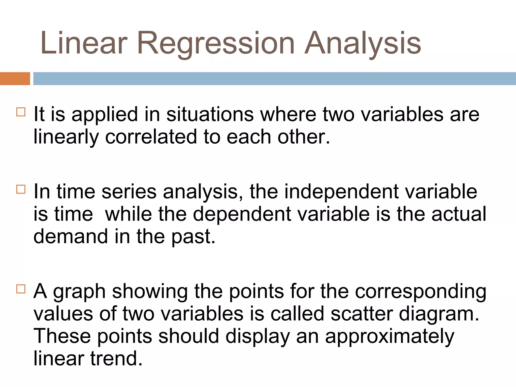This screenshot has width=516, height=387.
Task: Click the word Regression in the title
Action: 216,43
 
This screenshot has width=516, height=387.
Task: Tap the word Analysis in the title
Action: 363,43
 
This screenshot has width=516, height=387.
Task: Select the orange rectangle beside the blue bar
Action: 15,79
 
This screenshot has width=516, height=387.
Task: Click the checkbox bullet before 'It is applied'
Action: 21,112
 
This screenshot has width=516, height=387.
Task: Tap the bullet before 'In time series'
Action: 21,189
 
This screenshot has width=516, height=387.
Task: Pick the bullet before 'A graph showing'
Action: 21,289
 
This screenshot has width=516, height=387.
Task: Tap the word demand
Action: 71,236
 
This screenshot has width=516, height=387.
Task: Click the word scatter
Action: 362,314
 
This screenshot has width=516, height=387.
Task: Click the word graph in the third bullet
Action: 79,292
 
